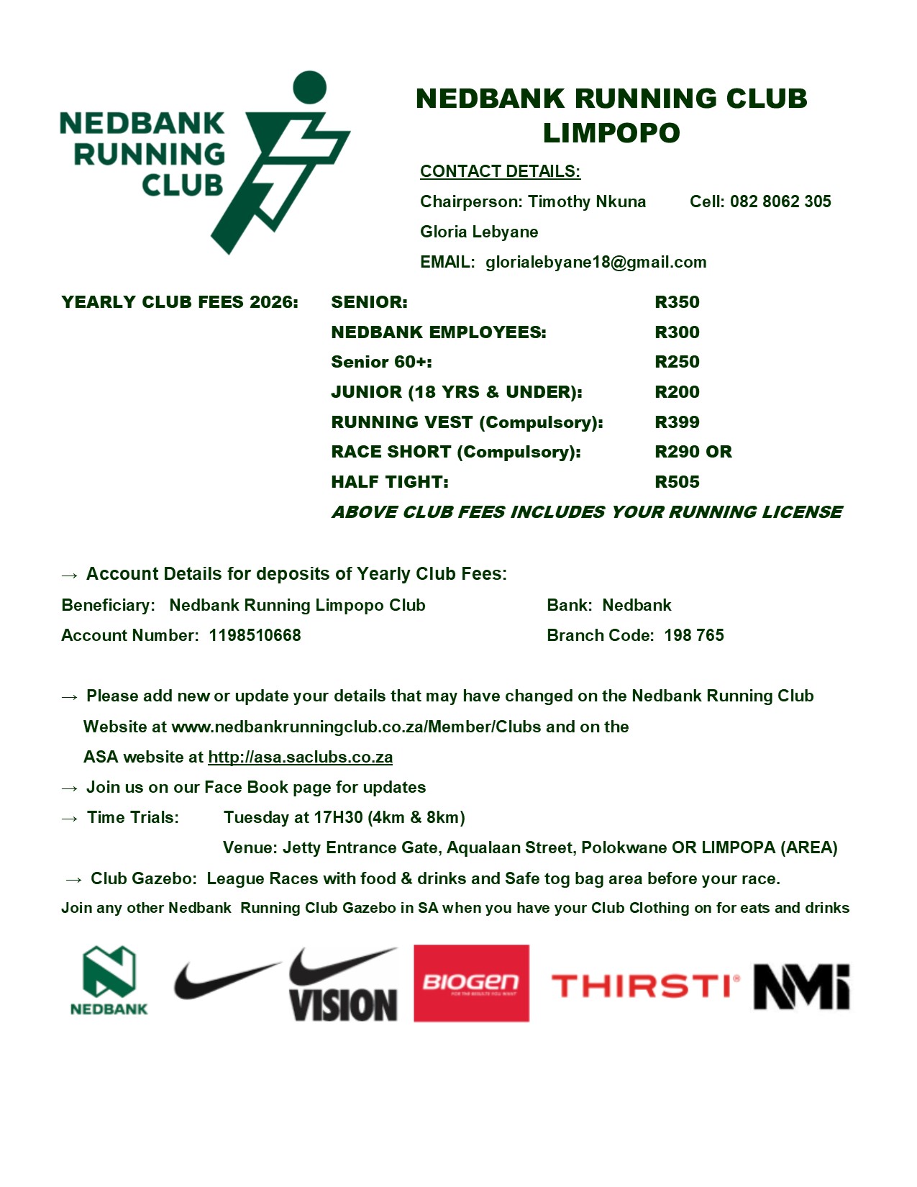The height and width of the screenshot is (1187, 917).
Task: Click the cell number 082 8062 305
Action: click(x=780, y=201)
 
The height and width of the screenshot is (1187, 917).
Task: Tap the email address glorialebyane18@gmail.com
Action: click(x=596, y=262)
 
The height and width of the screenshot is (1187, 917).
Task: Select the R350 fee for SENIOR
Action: click(x=677, y=302)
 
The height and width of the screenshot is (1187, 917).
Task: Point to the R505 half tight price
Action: click(x=677, y=482)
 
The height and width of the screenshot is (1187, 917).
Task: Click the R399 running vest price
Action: click(x=677, y=422)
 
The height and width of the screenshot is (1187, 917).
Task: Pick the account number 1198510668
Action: click(x=255, y=635)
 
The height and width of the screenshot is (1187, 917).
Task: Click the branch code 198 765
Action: click(x=693, y=635)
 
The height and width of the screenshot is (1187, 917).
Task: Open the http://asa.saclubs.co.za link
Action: click(x=300, y=757)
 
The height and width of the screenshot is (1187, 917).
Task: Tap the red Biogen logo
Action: click(x=471, y=983)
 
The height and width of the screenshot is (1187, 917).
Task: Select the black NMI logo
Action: click(x=801, y=987)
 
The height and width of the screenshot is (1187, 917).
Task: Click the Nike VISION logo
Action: click(x=343, y=986)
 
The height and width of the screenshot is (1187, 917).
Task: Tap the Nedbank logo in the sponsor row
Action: click(x=109, y=981)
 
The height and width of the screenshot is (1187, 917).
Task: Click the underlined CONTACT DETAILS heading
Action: click(x=500, y=171)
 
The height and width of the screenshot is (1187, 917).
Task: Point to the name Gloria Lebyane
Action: click(x=479, y=232)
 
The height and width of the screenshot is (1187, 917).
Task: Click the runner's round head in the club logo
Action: click(x=310, y=87)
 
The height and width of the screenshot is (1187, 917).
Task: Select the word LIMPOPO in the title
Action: click(x=611, y=133)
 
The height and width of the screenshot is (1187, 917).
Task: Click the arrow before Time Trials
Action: click(x=70, y=819)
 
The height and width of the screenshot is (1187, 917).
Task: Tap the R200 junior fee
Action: click(x=677, y=392)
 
